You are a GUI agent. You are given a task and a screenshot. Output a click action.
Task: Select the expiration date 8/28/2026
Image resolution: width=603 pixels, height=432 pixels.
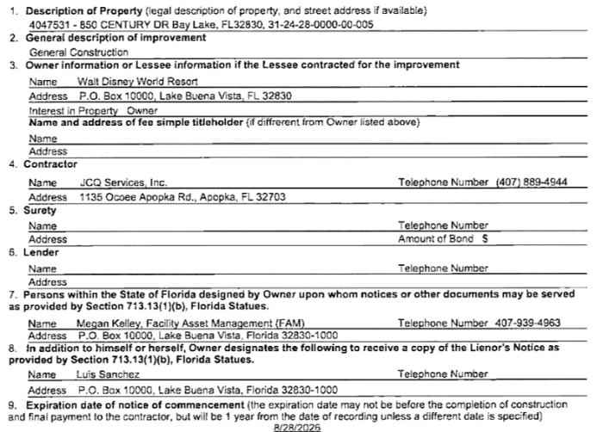[295, 425]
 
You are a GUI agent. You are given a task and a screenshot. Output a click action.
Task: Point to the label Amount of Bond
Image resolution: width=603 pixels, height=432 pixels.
[436, 238]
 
